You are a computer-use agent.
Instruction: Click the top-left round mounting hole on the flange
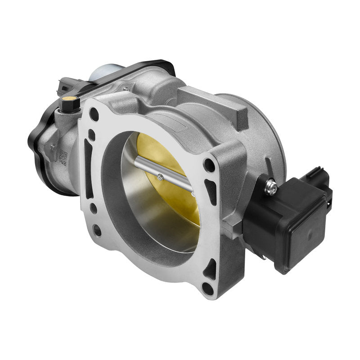tap(94, 115)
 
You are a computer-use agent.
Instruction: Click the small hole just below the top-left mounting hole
tap(92, 133)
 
